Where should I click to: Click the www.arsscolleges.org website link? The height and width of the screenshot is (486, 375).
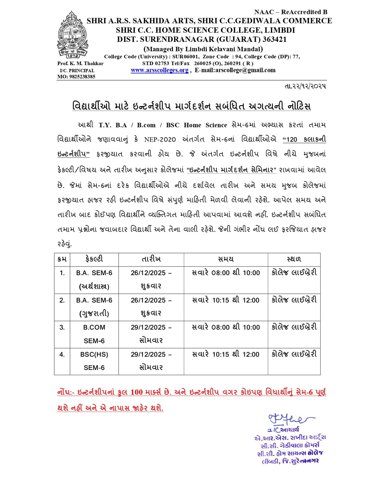point(160,70)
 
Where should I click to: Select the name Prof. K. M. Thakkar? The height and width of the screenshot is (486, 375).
point(80,63)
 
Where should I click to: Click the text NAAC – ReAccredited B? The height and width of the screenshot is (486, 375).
point(291,12)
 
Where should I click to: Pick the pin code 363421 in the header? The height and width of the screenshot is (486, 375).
point(275,39)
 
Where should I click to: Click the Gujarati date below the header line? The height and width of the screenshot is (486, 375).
point(305,86)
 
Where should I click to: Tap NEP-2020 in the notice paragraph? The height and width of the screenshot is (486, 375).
point(160,139)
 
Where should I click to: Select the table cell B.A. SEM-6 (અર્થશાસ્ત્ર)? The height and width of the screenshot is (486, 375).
point(94,279)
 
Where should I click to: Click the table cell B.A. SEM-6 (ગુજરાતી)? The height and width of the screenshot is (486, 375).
point(94,307)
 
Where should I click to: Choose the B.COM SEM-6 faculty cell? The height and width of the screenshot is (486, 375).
point(94,334)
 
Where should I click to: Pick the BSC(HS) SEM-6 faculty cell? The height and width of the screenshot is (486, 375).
point(94,361)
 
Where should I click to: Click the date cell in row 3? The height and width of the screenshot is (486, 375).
point(151,334)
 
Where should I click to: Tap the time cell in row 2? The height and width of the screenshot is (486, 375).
point(226,300)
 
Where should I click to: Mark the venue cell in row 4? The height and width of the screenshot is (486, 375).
point(294,354)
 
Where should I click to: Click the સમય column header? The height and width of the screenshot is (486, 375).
point(226,259)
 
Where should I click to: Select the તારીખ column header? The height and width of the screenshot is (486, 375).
point(151,259)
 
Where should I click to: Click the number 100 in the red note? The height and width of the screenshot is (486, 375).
point(137,392)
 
